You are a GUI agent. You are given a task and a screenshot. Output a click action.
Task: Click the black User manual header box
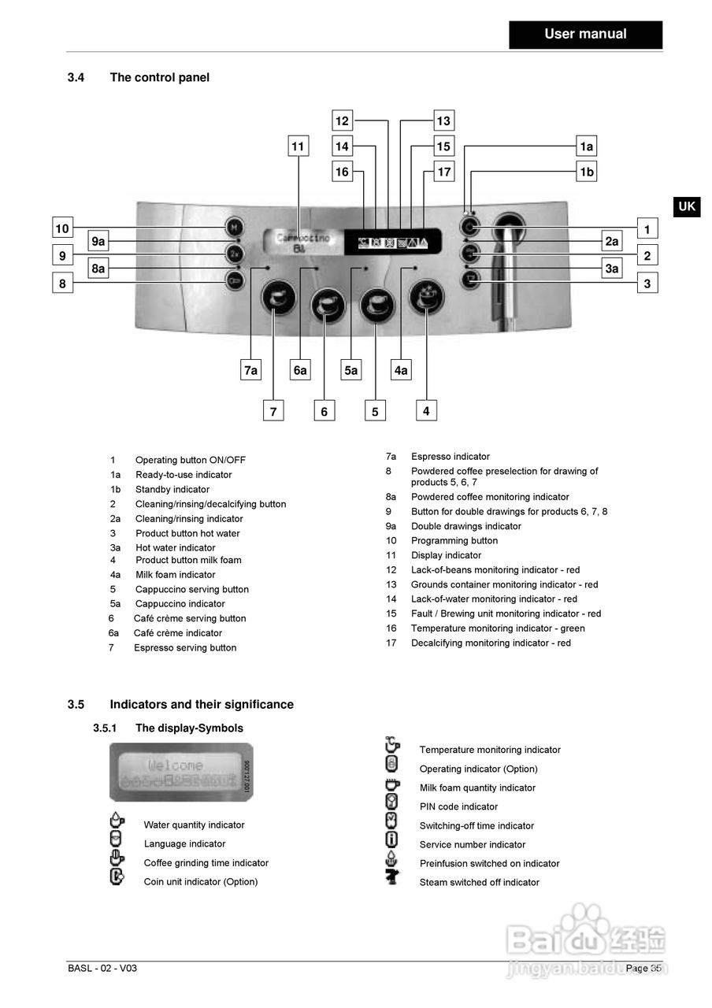[585, 35]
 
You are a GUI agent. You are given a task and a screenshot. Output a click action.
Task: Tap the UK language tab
[687, 206]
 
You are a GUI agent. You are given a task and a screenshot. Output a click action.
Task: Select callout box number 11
[297, 146]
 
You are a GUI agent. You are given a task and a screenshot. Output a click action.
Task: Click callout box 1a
[586, 146]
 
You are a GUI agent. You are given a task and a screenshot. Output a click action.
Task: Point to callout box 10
[62, 229]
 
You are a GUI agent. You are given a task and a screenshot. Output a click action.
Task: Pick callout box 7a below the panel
[250, 369]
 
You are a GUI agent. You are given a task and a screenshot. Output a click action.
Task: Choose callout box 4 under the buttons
[426, 410]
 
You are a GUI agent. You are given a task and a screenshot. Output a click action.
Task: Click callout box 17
[444, 172]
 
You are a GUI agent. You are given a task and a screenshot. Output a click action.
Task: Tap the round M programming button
[234, 228]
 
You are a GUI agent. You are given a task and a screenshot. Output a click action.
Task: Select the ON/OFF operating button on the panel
[469, 228]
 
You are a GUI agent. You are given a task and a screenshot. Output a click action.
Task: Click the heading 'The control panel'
[159, 77]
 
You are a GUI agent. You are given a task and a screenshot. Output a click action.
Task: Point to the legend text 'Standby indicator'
[172, 490]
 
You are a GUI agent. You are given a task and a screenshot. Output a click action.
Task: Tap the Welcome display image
[180, 772]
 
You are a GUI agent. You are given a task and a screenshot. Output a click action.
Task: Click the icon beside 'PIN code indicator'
[391, 803]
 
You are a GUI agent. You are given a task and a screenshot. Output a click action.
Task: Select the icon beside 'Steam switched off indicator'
[391, 878]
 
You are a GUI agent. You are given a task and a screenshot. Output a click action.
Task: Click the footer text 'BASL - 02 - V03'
[102, 969]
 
